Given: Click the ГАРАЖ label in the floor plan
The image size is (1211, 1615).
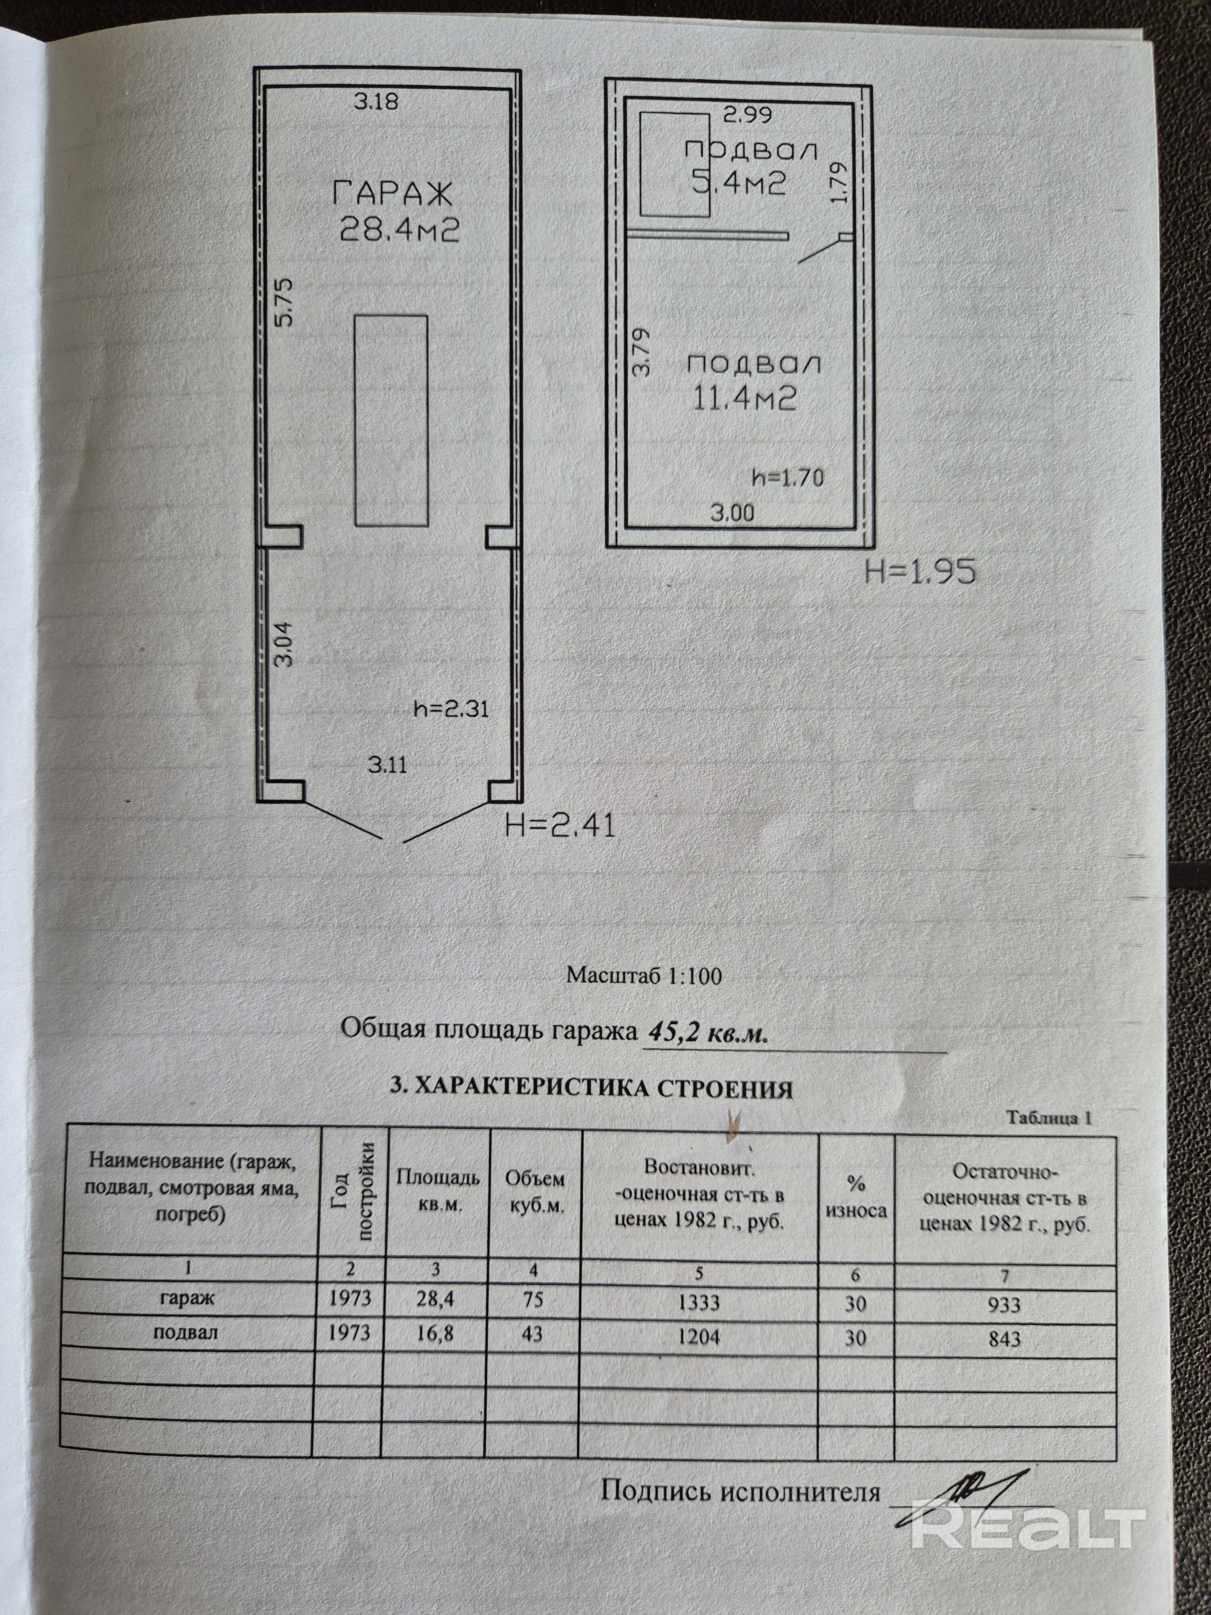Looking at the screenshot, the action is tap(393, 193).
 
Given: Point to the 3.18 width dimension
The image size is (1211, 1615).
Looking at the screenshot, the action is tap(377, 101).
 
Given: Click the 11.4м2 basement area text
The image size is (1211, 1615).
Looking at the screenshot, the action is tap(744, 399).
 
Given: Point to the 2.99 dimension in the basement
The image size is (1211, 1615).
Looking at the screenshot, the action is tap(748, 114).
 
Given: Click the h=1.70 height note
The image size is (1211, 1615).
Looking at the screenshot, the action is tap(788, 478).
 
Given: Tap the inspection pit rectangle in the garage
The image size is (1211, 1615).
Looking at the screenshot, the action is tap(390, 421).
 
